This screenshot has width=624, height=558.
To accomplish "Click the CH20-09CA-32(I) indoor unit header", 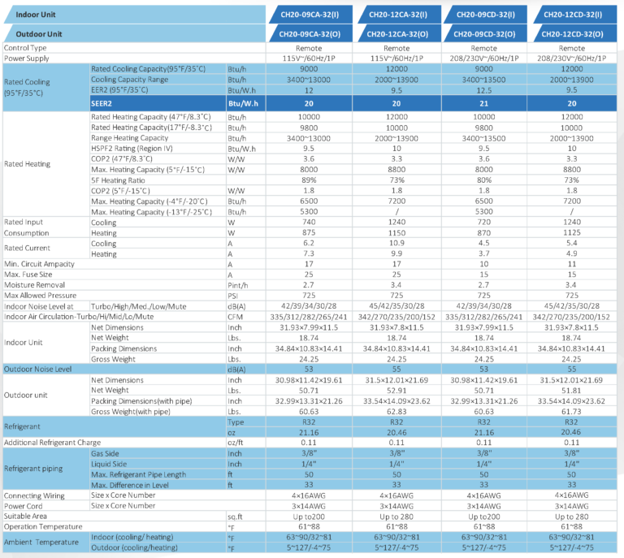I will [310, 15].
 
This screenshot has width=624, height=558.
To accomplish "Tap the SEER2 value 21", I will [484, 104].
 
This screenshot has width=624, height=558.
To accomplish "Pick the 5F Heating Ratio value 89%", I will [309, 180].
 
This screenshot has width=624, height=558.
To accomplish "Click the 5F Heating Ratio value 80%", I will [484, 180].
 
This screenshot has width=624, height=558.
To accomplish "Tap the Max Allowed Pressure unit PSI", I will [235, 296].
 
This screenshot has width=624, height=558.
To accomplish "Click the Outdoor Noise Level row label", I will [38, 369].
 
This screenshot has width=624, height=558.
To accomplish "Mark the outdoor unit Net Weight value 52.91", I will [396, 390].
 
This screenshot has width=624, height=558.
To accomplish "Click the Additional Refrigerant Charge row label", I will [52, 442].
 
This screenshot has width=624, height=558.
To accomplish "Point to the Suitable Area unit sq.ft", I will [236, 516].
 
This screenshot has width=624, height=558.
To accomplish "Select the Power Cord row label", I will [24, 505].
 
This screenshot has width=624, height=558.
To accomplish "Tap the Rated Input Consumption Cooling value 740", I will [309, 222].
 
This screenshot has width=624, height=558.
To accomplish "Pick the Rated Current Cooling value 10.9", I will [396, 243].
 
